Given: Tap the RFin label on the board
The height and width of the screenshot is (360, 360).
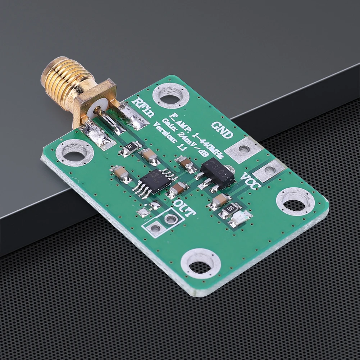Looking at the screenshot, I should [143, 108].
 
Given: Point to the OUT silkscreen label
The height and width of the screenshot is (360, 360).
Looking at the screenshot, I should [184, 208].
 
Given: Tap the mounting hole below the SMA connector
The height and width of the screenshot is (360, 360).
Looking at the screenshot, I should [75, 155].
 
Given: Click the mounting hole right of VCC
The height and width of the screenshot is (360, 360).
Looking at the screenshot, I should [295, 203].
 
